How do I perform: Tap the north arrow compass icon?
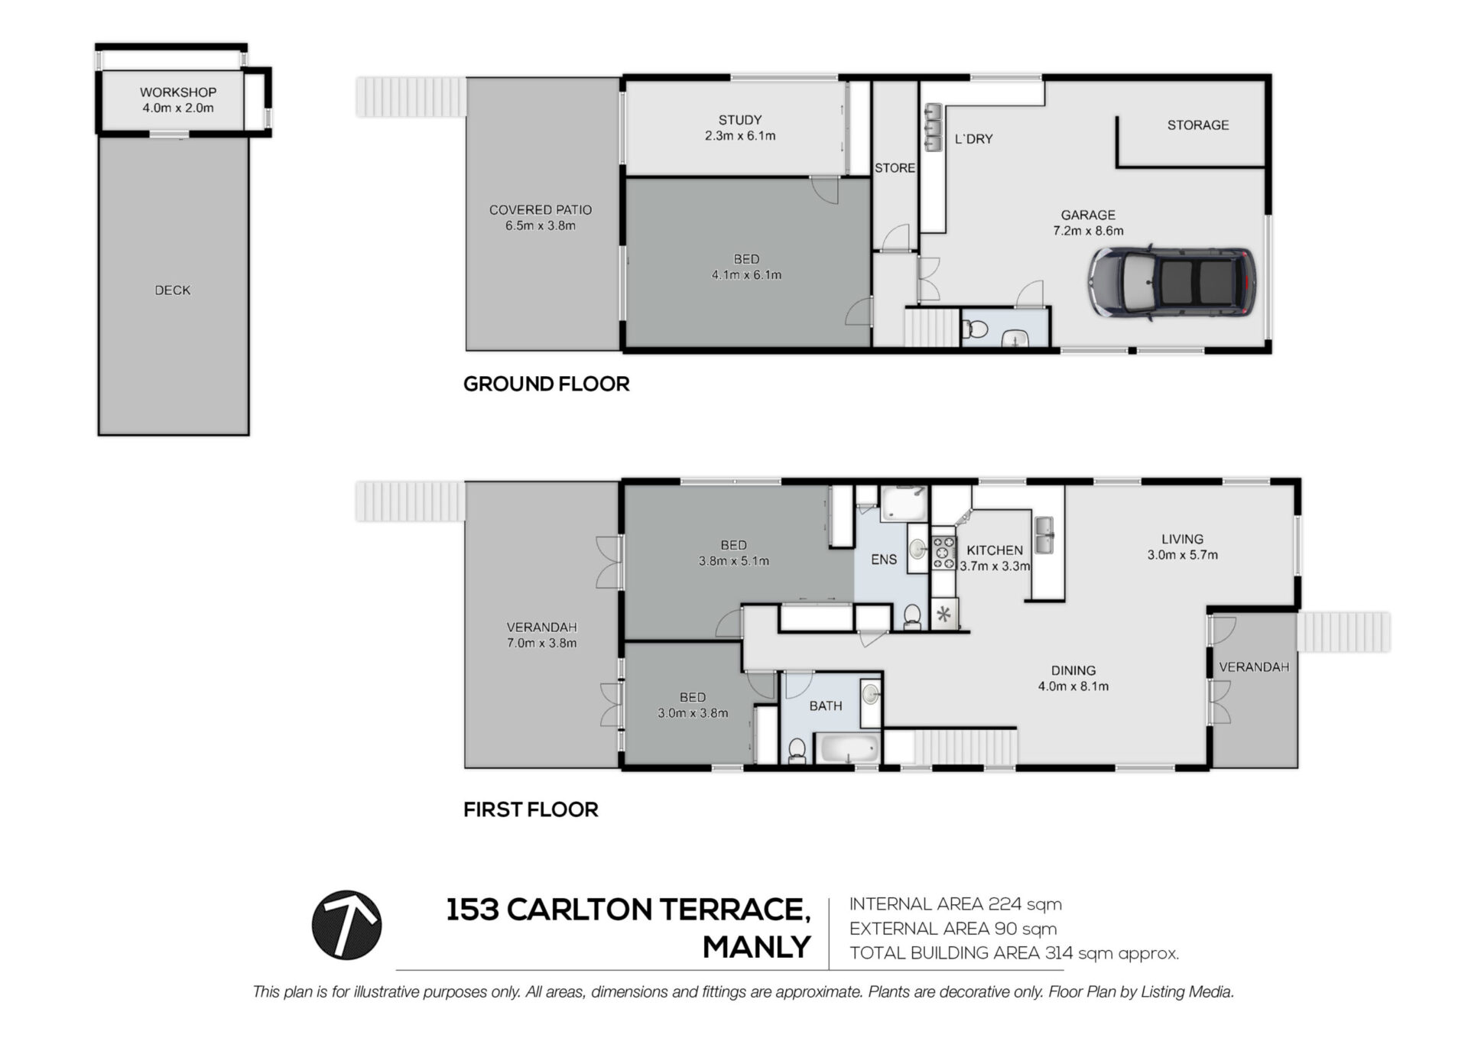(x=346, y=925)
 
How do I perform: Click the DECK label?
(x=173, y=290)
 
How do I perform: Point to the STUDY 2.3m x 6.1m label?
(x=740, y=128)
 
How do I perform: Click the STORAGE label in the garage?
(x=1198, y=125)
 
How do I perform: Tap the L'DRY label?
(x=973, y=139)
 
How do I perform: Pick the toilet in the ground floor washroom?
(x=975, y=330)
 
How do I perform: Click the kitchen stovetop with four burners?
(x=943, y=553)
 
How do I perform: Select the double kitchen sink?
(x=1044, y=535)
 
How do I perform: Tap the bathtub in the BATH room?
(x=847, y=748)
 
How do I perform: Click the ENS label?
(x=884, y=560)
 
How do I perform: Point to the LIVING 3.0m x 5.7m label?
(x=1182, y=547)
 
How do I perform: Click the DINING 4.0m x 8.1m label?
(x=1073, y=678)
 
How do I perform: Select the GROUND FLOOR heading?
(x=547, y=384)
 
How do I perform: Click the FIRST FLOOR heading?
(x=531, y=809)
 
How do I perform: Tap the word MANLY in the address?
(x=757, y=947)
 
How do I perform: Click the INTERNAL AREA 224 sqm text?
(x=956, y=904)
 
